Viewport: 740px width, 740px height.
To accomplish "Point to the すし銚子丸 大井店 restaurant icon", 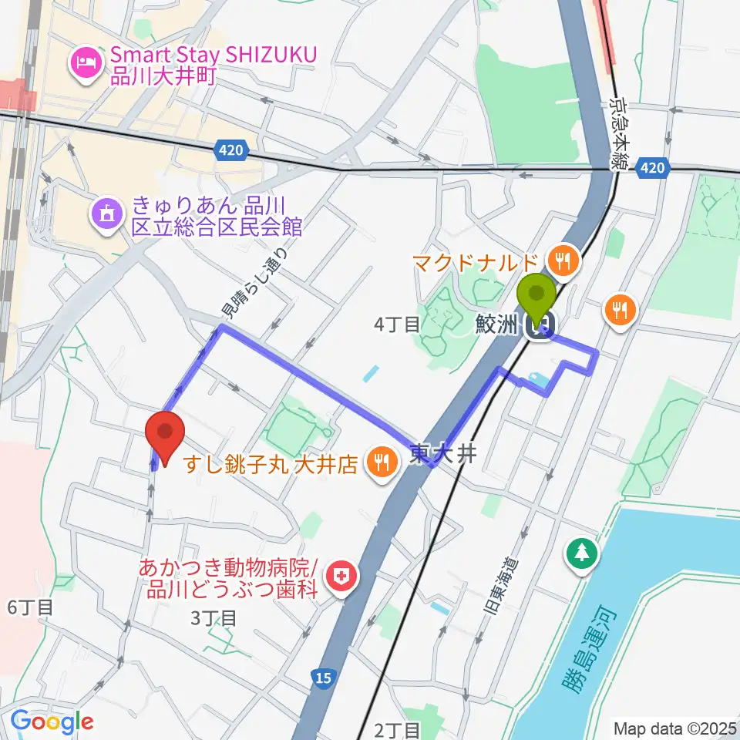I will coord(381,464).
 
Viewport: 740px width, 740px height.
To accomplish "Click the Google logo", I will coord(52,721).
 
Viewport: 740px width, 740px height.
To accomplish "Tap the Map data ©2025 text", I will coord(674,727).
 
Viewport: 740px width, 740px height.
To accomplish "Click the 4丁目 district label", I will coord(397,325).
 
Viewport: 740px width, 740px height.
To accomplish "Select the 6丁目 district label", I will coord(30,607).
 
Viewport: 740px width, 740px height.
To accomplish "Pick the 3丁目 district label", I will coord(212,617).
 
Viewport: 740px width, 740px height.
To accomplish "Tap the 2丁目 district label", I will coord(399,728).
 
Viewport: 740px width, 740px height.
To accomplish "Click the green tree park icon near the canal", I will coord(583,552).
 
